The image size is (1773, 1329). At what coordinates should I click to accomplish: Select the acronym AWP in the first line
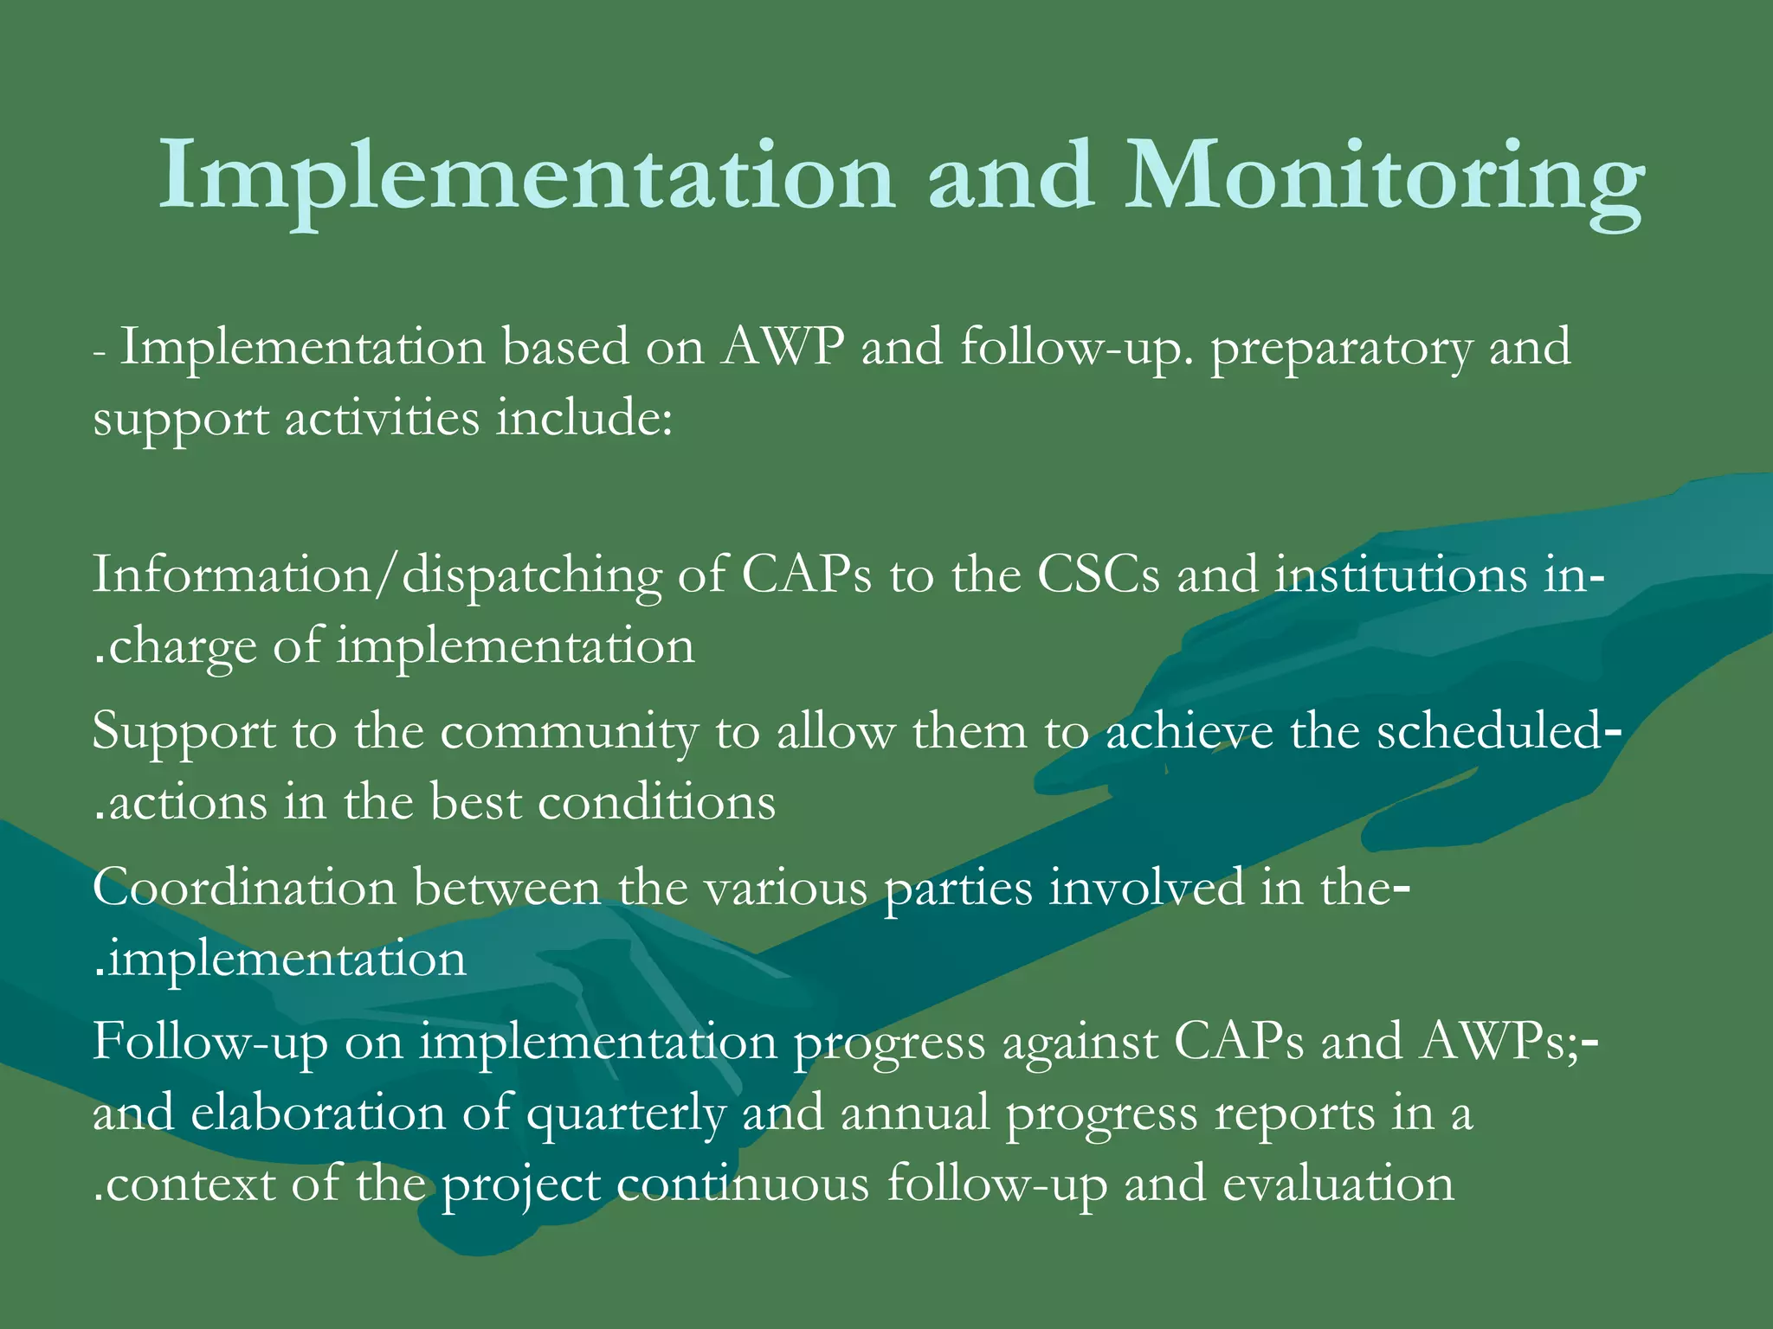pos(783,348)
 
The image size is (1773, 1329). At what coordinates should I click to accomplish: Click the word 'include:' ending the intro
pos(583,420)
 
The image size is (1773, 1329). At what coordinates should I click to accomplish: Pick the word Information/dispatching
pos(377,576)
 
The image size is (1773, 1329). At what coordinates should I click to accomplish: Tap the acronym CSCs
pos(1098,575)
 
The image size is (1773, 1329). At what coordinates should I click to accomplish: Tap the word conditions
pos(656,803)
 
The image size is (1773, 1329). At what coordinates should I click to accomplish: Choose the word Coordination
pos(243,889)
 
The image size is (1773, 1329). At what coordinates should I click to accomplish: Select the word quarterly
pos(626,1115)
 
